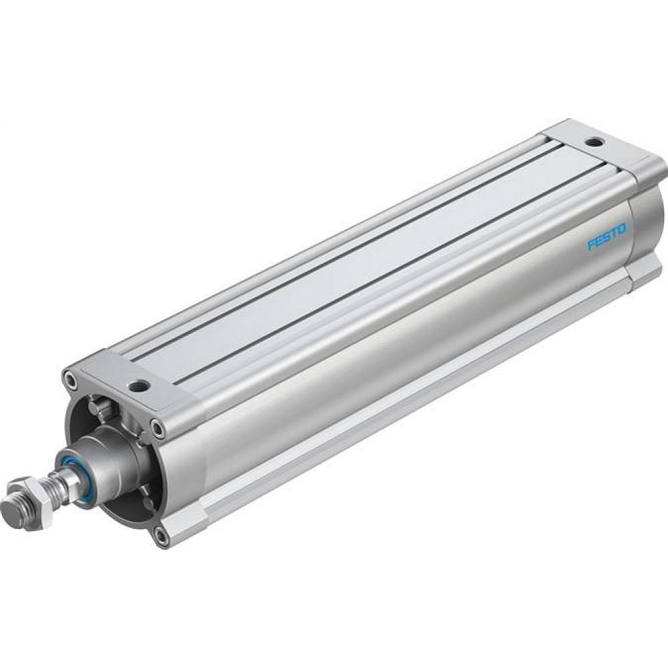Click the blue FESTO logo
point(607,237)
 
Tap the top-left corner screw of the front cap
point(71,380)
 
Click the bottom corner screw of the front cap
point(161,534)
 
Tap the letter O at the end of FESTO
point(622,230)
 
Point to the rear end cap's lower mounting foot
point(645,274)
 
